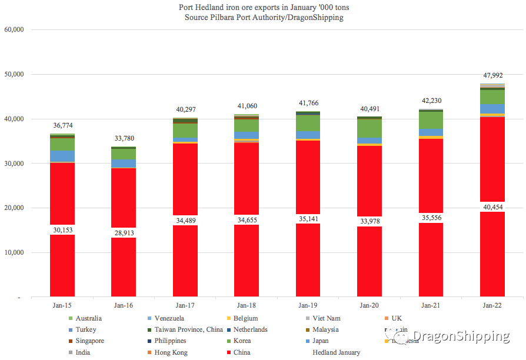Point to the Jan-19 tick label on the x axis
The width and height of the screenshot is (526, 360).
tap(308, 305)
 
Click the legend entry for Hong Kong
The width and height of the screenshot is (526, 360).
tap(171, 352)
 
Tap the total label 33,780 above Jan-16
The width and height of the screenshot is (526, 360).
tap(124, 139)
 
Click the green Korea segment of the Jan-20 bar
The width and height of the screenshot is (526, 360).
tap(369, 128)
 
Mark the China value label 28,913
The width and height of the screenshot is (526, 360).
tap(124, 233)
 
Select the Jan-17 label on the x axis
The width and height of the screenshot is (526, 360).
tap(185, 305)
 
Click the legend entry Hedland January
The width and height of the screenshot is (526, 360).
tap(337, 352)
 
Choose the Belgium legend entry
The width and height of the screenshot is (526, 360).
tap(245, 318)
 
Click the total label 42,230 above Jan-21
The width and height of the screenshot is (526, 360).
tap(431, 101)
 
